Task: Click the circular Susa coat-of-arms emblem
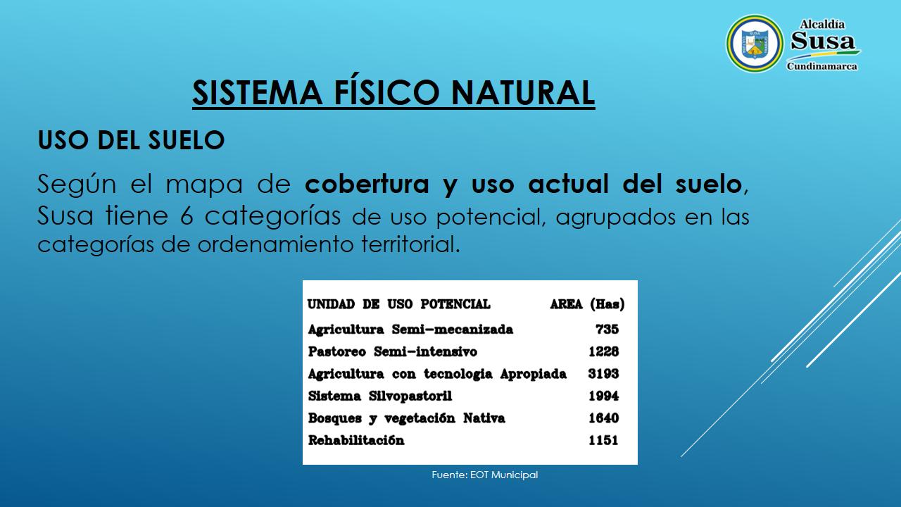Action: [x=755, y=44]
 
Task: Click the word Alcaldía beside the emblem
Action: [x=822, y=25]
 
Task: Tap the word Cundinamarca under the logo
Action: [x=821, y=66]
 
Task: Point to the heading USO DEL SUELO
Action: [x=131, y=140]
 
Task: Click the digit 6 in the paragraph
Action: [x=187, y=215]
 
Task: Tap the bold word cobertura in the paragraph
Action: [x=367, y=184]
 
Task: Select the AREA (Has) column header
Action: [x=587, y=304]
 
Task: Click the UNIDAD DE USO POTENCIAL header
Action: [x=399, y=304]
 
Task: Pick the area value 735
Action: [x=607, y=330]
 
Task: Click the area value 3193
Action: [x=603, y=374]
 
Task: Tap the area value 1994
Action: [x=604, y=396]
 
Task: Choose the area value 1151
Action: [x=603, y=440]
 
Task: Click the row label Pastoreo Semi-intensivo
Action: [x=393, y=351]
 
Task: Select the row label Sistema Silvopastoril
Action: [x=380, y=396]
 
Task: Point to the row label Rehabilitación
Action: [x=356, y=440]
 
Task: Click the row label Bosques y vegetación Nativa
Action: [x=407, y=418]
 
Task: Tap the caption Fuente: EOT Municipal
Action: [x=485, y=475]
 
